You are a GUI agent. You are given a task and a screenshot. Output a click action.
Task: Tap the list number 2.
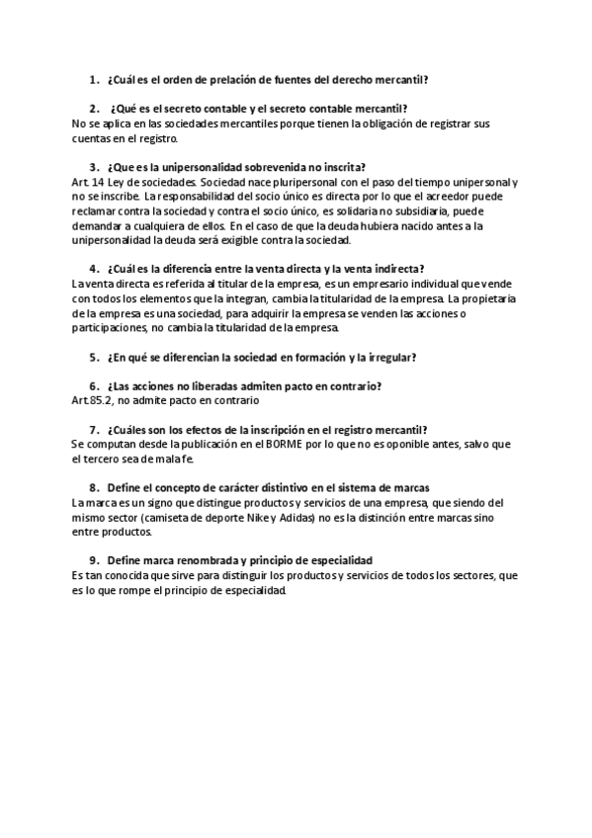point(93,108)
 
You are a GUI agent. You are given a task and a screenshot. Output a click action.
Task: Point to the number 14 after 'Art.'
point(96,183)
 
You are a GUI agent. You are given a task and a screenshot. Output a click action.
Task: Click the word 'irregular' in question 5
point(386,357)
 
